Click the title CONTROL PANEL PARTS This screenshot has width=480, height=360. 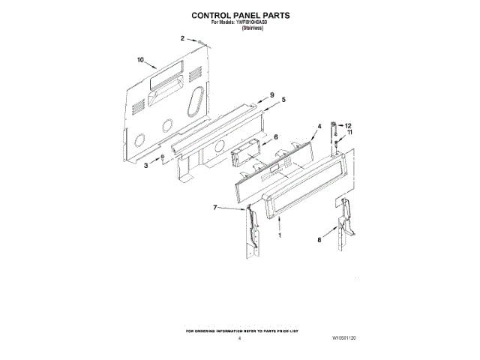(240, 15)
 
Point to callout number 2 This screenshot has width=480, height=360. (181, 37)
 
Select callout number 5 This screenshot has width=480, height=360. (283, 100)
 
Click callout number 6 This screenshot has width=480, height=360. (275, 137)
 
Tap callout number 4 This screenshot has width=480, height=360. (319, 127)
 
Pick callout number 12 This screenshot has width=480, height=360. (347, 125)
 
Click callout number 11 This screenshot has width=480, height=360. (349, 133)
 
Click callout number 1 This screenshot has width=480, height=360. (280, 235)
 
